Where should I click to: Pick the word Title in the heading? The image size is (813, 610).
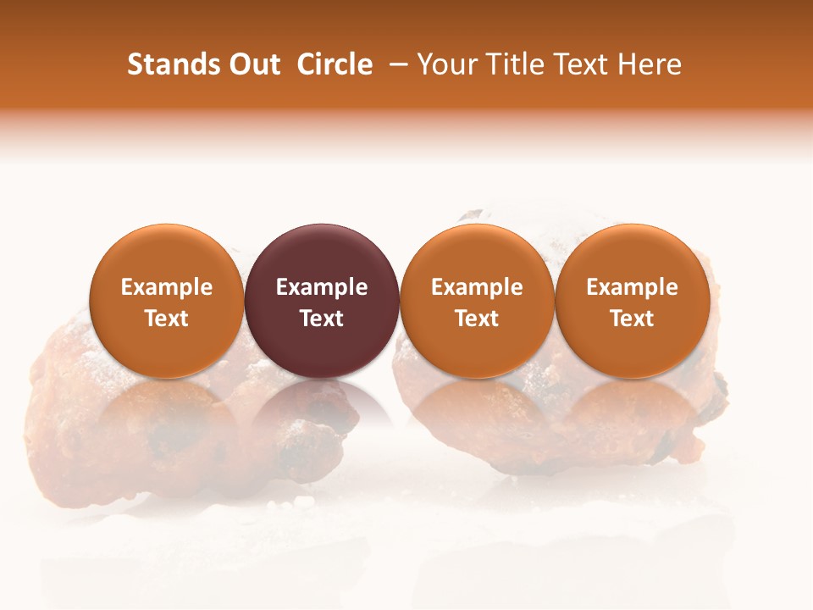coord(517,64)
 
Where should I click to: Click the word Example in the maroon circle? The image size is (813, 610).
coord(322,287)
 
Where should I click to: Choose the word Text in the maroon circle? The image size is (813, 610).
coord(322,319)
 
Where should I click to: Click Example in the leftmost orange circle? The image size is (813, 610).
coord(167,287)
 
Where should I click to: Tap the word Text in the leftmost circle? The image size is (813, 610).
coord(167,319)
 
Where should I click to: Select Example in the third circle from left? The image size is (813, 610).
coord(477,287)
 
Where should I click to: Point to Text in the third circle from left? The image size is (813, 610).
coord(477,319)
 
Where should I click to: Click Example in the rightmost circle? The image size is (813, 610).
coord(633,287)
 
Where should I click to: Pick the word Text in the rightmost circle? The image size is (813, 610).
coord(633,319)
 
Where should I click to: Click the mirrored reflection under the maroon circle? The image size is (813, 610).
coord(322,407)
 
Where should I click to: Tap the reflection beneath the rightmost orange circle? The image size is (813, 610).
coord(633,407)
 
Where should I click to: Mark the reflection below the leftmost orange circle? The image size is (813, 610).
coord(167,407)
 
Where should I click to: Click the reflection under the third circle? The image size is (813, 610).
coord(477,407)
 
